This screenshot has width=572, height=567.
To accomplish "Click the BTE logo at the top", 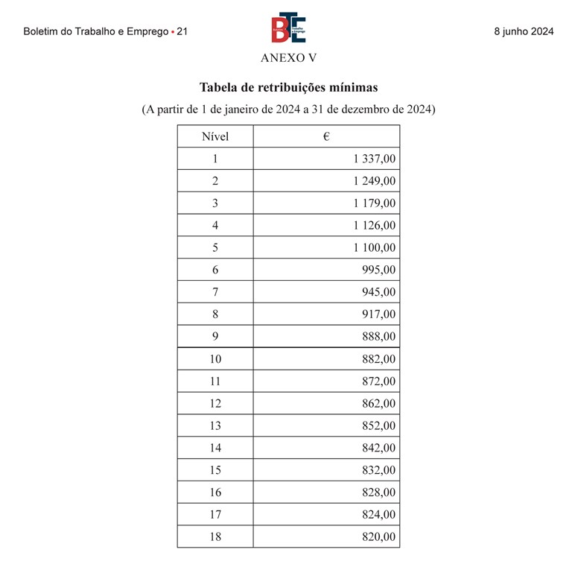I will pyautogui.click(x=287, y=28).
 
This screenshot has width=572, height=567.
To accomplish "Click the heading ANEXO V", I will pyautogui.click(x=288, y=58).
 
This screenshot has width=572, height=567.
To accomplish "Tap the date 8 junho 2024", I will pyautogui.click(x=524, y=32).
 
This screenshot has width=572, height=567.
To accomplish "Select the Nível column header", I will pyautogui.click(x=215, y=136).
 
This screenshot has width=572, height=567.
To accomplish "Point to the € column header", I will pyautogui.click(x=326, y=136).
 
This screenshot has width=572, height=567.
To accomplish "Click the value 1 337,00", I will pyautogui.click(x=375, y=159).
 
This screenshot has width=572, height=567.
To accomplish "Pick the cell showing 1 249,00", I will pyautogui.click(x=375, y=181).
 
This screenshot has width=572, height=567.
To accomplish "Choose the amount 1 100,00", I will pyautogui.click(x=375, y=247).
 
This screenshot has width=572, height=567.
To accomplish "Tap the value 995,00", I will pyautogui.click(x=380, y=270).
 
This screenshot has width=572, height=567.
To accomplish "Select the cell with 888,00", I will pyautogui.click(x=380, y=337).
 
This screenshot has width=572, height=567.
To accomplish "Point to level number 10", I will pyautogui.click(x=215, y=359).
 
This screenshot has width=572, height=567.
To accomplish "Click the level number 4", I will pyautogui.click(x=215, y=225).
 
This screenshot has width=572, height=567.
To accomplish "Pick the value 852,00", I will pyautogui.click(x=380, y=425).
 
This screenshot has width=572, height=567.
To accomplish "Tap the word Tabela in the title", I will pyautogui.click(x=218, y=87).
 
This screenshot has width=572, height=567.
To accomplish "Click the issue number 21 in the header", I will pyautogui.click(x=182, y=32).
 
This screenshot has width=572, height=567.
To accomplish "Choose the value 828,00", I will pyautogui.click(x=380, y=492).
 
